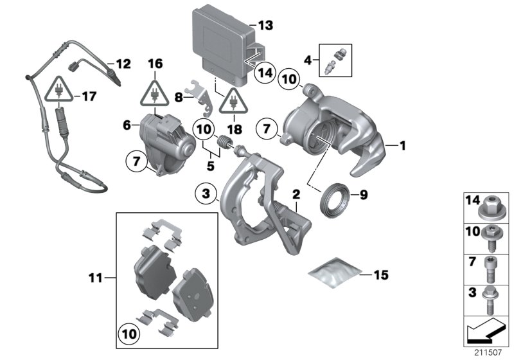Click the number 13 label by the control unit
tap(265, 26)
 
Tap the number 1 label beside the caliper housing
tap(403, 147)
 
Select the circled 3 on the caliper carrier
tap(205, 194)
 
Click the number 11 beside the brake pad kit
tap(96, 278)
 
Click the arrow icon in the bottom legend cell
tap(485, 333)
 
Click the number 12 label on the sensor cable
tap(122, 64)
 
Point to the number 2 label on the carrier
tap(296, 193)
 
